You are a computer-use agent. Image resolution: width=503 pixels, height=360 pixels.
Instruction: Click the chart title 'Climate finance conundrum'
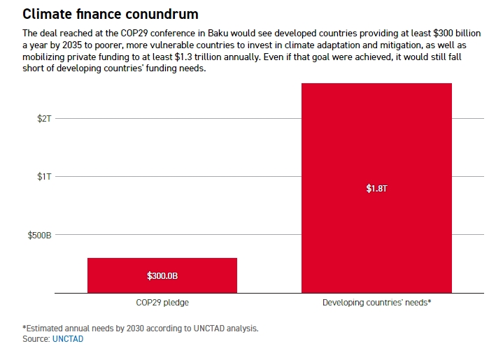(110, 14)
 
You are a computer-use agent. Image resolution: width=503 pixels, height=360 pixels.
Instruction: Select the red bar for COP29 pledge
(162, 266)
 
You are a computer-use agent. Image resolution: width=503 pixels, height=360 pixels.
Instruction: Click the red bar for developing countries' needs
(376, 140)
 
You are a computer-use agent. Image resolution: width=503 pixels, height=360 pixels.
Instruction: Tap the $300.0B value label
(162, 276)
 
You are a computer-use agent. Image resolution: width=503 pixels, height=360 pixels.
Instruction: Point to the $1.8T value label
(376, 189)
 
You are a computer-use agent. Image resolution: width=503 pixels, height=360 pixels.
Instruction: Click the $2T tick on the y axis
(44, 119)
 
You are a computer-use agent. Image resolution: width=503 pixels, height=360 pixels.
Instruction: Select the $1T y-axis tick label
(44, 177)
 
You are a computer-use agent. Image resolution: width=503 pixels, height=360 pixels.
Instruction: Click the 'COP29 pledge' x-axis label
(162, 303)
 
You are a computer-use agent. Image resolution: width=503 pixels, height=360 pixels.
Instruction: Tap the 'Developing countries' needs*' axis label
(376, 303)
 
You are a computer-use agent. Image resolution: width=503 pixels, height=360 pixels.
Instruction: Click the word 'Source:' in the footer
(36, 339)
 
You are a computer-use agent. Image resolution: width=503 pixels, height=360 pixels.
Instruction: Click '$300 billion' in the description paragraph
(453, 34)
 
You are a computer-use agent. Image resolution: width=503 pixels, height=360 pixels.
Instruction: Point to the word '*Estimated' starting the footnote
(43, 328)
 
